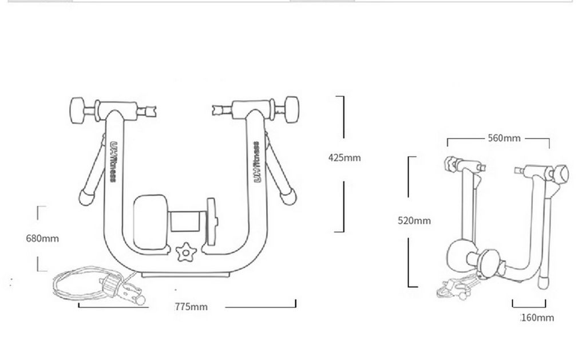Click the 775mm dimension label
point(191,307)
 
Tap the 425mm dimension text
point(345,157)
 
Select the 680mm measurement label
point(42,238)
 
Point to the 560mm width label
point(504,138)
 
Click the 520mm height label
point(414,220)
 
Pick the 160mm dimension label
point(537,318)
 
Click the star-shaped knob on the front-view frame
point(185,251)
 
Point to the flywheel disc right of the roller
point(212,220)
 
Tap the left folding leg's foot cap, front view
point(86,197)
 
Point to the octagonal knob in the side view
point(562,172)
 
